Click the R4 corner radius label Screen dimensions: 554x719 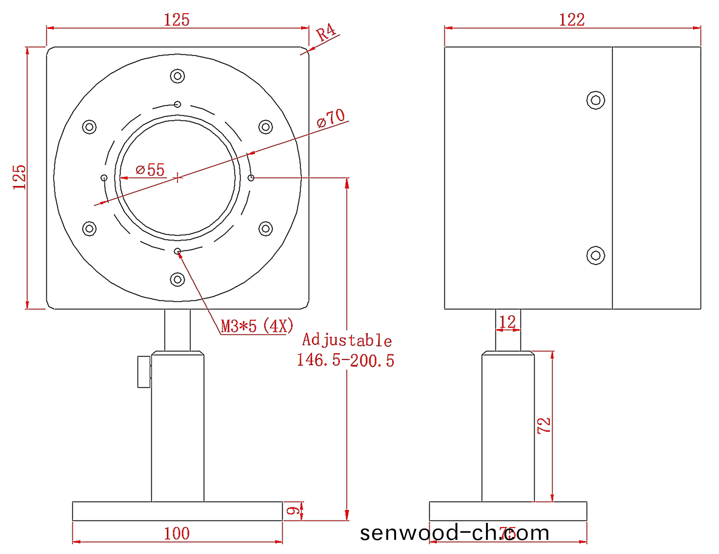326,33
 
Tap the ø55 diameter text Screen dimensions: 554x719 150,170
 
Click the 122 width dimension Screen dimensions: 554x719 572,20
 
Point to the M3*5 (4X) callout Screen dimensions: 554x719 257,326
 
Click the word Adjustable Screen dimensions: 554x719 347,340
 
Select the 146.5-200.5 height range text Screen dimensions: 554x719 346,360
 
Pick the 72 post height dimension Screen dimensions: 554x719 544,426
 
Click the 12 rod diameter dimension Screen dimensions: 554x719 507,322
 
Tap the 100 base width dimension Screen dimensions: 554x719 177,533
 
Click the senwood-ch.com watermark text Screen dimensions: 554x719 454,533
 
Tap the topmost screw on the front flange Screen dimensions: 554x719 177,76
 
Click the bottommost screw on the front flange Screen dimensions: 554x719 177,280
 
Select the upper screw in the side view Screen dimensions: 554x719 596,100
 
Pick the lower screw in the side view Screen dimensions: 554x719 596,256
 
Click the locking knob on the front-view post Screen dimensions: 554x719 144,372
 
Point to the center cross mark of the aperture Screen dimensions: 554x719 177,178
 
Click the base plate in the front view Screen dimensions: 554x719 177,511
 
